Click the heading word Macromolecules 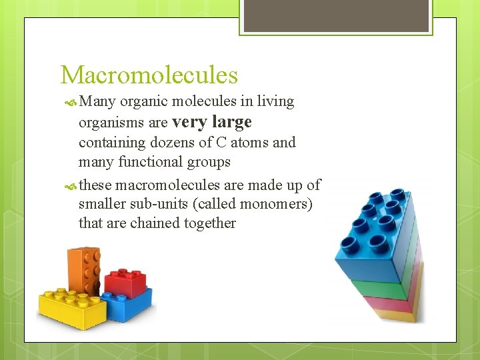[x=149, y=75]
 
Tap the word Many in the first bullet [x=97, y=101]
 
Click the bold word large [x=231, y=122]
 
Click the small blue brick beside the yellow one [x=132, y=303]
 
